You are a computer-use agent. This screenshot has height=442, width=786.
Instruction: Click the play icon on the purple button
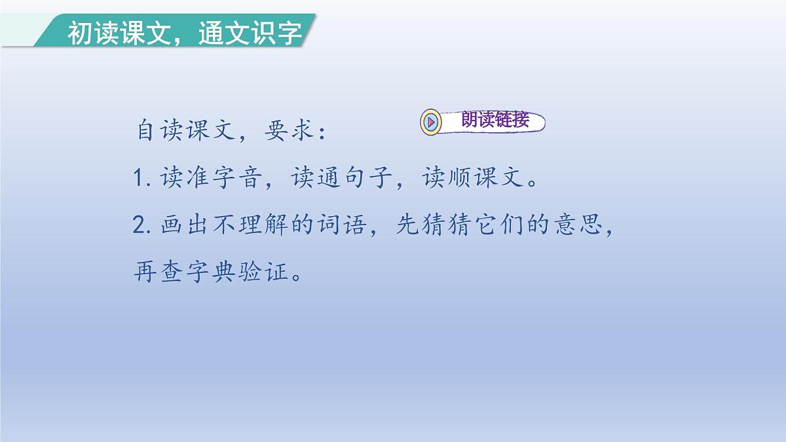pos(431,122)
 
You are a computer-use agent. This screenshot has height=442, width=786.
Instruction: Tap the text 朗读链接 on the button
pos(495,121)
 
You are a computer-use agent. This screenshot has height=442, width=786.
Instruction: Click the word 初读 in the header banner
pos(87,33)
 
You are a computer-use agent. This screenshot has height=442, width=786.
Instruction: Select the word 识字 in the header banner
pos(279,33)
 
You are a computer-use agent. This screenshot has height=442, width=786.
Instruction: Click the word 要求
pos(288,132)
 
